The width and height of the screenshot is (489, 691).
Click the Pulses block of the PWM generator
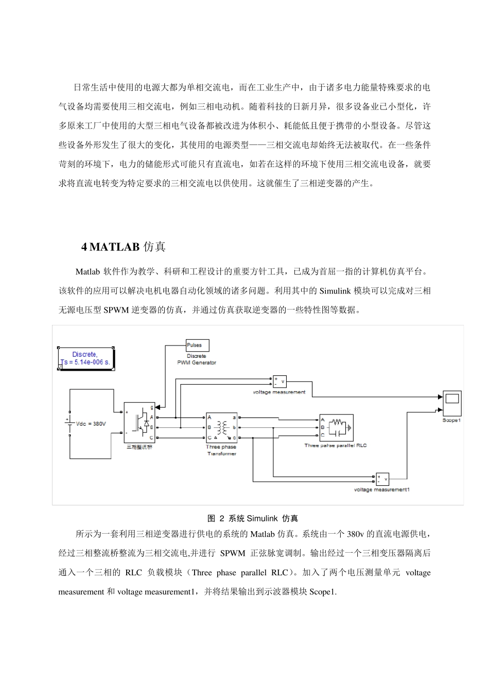pyautogui.click(x=197, y=345)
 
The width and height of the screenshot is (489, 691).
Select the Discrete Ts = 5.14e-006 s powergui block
pyautogui.click(x=86, y=358)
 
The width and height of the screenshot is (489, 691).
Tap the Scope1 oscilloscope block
pyautogui.click(x=452, y=404)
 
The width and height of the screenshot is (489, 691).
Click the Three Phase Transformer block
pyautogui.click(x=222, y=427)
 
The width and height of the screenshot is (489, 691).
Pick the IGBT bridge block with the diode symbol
pyautogui.click(x=139, y=422)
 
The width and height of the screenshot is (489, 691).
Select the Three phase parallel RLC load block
pyautogui.click(x=336, y=427)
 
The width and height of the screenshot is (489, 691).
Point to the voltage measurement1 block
pyautogui.click(x=382, y=479)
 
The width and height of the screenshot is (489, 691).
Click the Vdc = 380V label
pyautogui.click(x=91, y=424)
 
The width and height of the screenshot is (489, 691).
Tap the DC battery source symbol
pyautogui.click(x=69, y=423)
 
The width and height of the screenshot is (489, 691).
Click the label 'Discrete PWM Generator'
pyautogui.click(x=196, y=359)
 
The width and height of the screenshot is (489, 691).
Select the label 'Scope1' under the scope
pyautogui.click(x=451, y=420)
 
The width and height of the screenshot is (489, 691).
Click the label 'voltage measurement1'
pyautogui.click(x=382, y=489)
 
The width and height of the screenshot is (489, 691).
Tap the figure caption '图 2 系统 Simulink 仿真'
pyautogui.click(x=252, y=518)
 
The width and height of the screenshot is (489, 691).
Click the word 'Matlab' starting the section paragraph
pyautogui.click(x=87, y=271)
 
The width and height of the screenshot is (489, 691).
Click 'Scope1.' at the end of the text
pyautogui.click(x=323, y=592)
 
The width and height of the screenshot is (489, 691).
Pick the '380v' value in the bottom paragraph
pyautogui.click(x=356, y=534)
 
